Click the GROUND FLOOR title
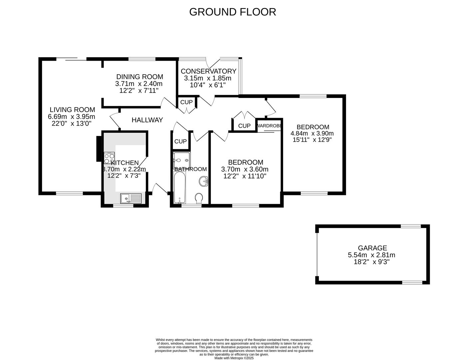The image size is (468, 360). [x=233, y=12]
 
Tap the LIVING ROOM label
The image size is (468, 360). [x=72, y=110]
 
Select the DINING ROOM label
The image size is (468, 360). [x=140, y=77]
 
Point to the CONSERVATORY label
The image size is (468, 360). [x=209, y=71]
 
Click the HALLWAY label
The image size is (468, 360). [x=147, y=120]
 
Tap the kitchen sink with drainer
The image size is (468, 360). [x=131, y=198]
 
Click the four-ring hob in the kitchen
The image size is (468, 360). [x=109, y=158]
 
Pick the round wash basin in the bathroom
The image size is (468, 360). [x=204, y=181]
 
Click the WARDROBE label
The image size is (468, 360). [x=269, y=126]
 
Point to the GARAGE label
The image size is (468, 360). [x=372, y=248]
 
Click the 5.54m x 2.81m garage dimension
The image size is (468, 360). [x=371, y=255]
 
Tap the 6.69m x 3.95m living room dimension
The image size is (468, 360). [x=72, y=117]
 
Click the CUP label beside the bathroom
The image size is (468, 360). [x=181, y=141]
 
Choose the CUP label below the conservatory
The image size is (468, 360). [x=186, y=102]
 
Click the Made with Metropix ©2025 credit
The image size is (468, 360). [x=234, y=358]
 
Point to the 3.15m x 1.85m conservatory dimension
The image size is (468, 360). [x=208, y=78]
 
